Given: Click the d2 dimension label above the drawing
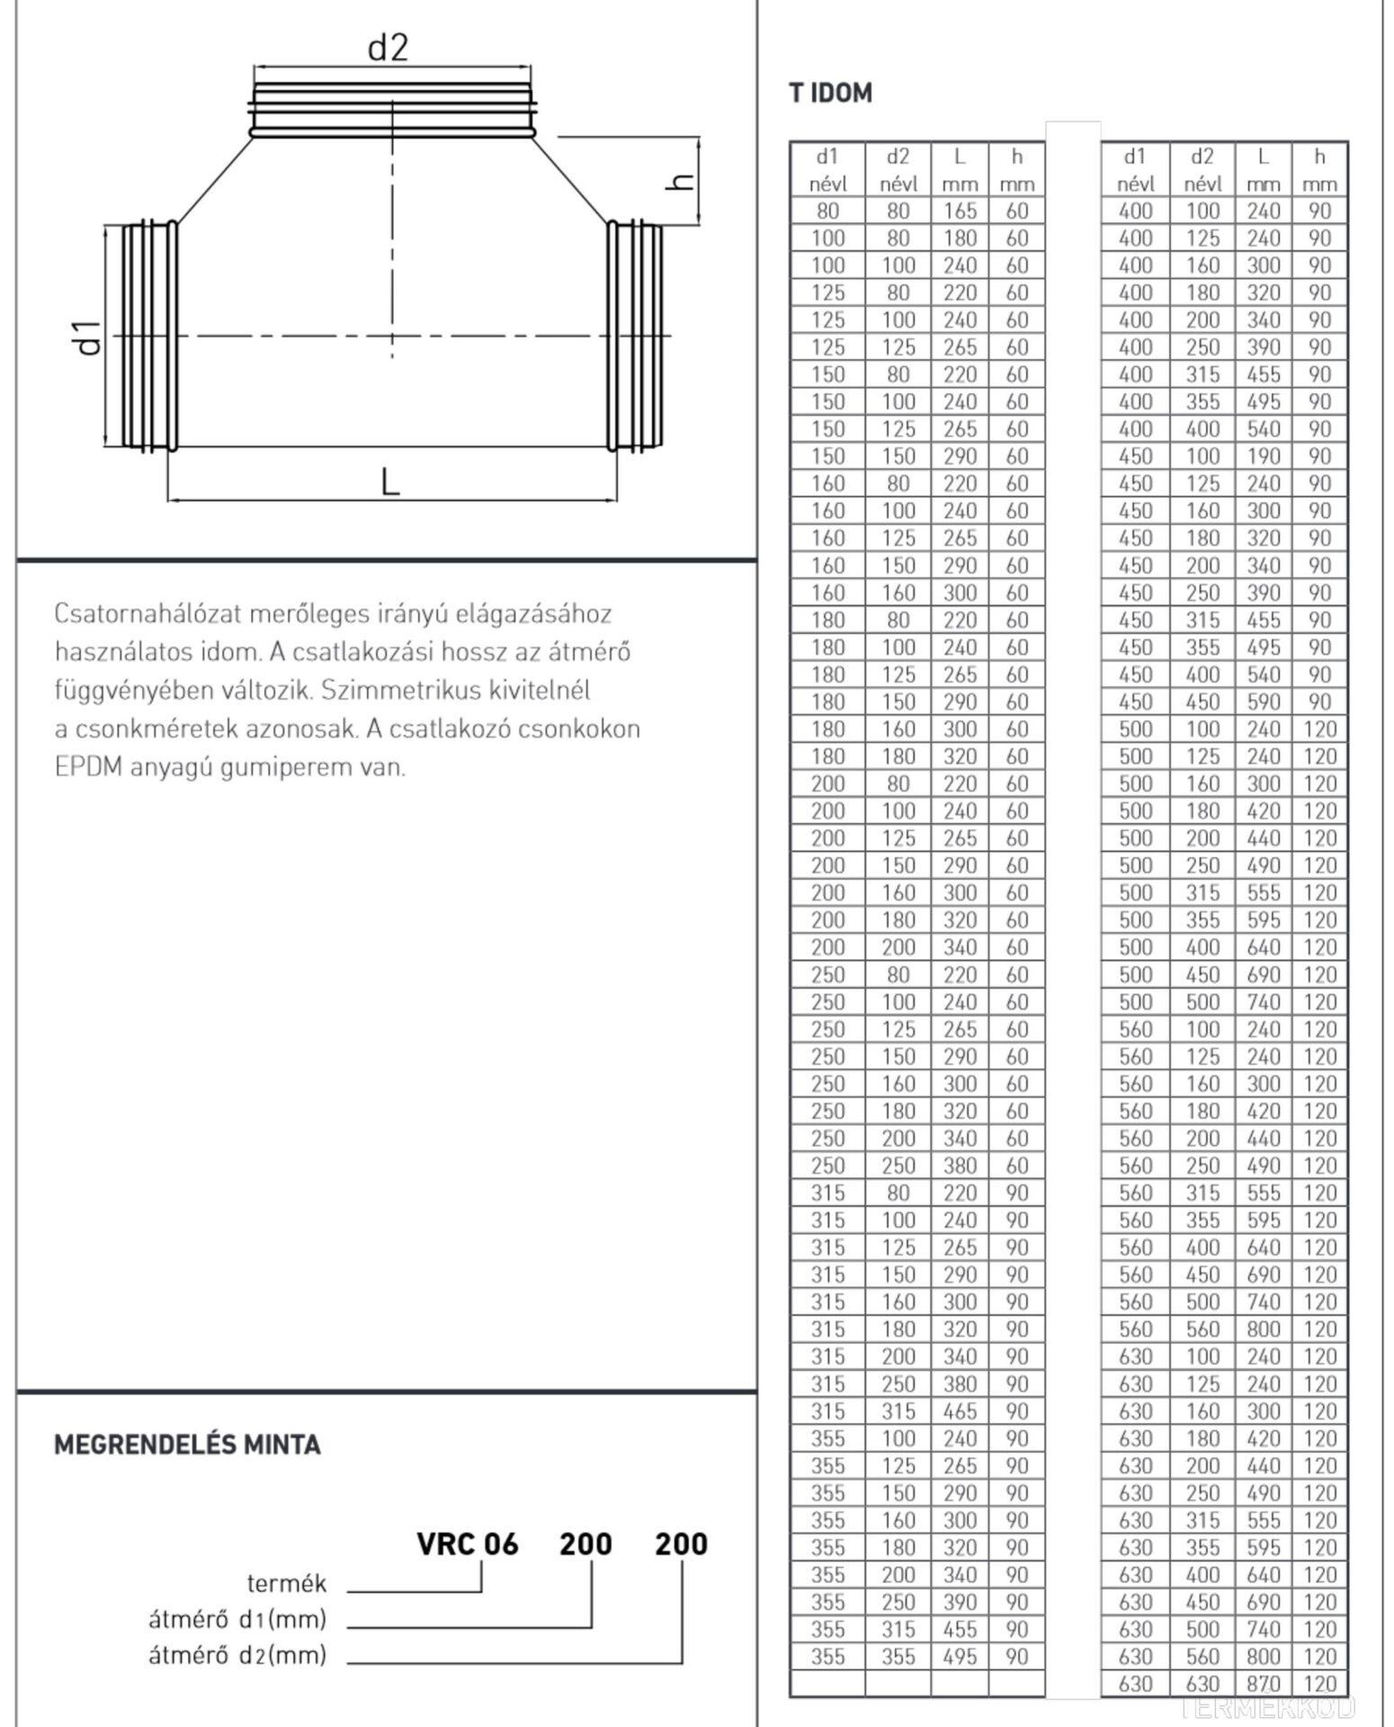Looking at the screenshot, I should (388, 47).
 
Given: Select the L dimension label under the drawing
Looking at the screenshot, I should (389, 483).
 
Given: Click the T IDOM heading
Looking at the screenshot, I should (830, 93).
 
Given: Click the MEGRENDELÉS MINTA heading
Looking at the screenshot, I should (187, 1445).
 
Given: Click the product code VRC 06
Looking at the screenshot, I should (468, 1544).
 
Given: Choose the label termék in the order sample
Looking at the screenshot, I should (287, 1582).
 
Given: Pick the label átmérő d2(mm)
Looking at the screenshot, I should (237, 1655).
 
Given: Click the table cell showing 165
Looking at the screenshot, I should (960, 210).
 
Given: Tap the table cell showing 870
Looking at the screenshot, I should (1263, 1683).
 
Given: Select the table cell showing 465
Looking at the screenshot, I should (960, 1410).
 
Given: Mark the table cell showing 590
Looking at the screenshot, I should (1263, 702).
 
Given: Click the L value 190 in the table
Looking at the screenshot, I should (1263, 456).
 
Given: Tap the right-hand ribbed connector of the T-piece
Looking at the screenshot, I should (635, 336).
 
